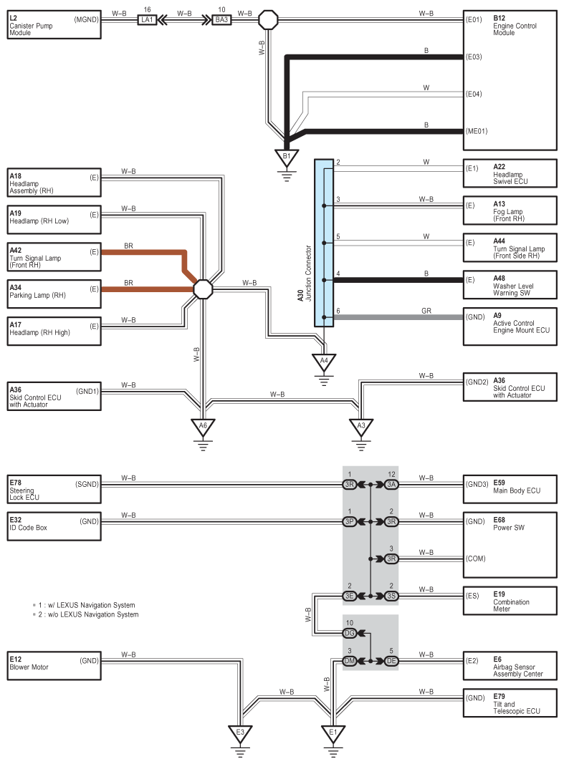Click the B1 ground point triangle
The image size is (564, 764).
287,156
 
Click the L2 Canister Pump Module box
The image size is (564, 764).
53,23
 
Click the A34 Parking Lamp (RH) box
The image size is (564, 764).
53,289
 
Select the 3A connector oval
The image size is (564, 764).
391,485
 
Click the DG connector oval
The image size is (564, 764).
350,633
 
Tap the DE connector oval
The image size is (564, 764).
391,661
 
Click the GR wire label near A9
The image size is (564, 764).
426,310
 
